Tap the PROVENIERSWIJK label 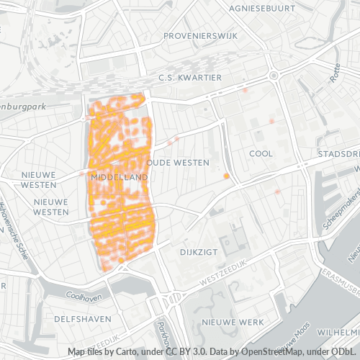tap(197, 35)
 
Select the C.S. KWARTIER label tap(190, 78)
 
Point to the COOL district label tap(261, 153)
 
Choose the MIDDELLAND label tap(114, 176)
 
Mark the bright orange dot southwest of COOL tap(227, 176)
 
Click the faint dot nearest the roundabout tap(246, 91)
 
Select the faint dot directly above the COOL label tap(271, 121)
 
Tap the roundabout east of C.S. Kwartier tap(274, 76)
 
